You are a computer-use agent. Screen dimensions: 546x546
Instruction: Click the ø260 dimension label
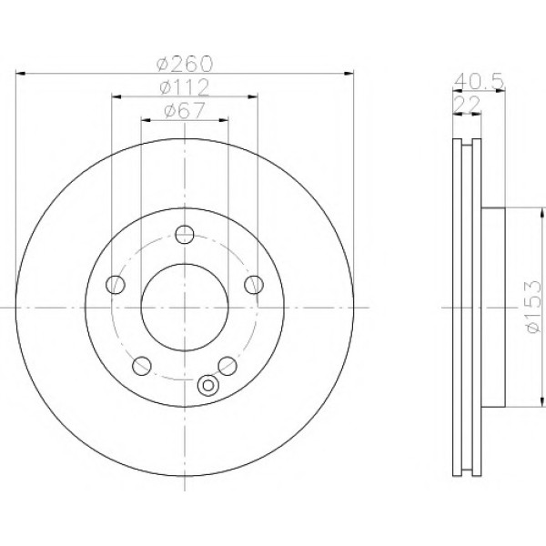coord(184,64)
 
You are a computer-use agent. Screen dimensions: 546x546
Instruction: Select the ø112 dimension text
coord(184,87)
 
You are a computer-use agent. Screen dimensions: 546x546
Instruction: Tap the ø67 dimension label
coord(185,111)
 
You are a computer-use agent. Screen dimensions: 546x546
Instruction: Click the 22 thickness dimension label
coord(468,105)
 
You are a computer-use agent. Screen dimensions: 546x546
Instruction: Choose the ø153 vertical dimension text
coord(534,307)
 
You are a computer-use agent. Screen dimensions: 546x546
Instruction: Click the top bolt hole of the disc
coord(185,235)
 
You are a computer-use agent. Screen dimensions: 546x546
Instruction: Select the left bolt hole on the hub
coord(116,285)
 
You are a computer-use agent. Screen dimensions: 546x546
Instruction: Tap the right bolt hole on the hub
coord(254,285)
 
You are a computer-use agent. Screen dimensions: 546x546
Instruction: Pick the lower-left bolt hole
coord(142,366)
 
